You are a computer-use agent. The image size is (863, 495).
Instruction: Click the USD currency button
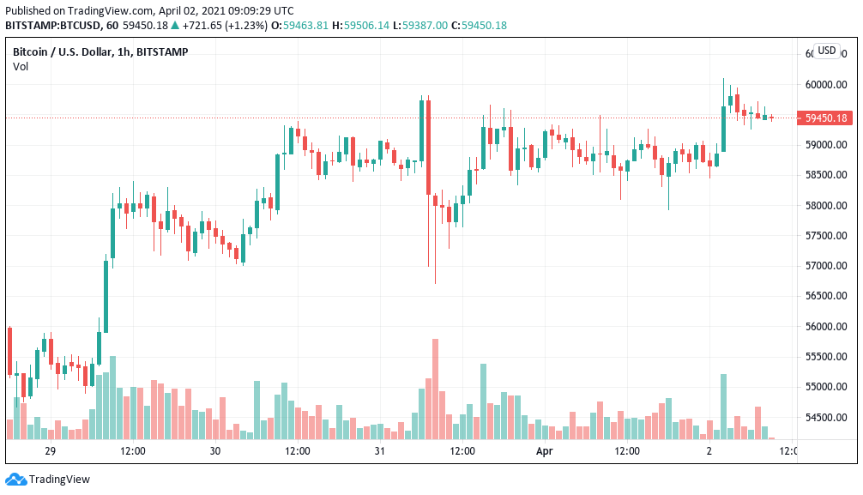[826, 51]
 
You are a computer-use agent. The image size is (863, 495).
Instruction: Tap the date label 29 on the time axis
[50, 451]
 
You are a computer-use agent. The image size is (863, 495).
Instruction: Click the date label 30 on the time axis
[214, 451]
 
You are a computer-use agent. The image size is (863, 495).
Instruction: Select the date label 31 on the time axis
[379, 451]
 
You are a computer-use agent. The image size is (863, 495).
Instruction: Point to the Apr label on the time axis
[544, 451]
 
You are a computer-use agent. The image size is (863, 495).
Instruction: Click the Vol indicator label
[20, 67]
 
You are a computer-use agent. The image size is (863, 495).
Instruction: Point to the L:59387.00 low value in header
[420, 26]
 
